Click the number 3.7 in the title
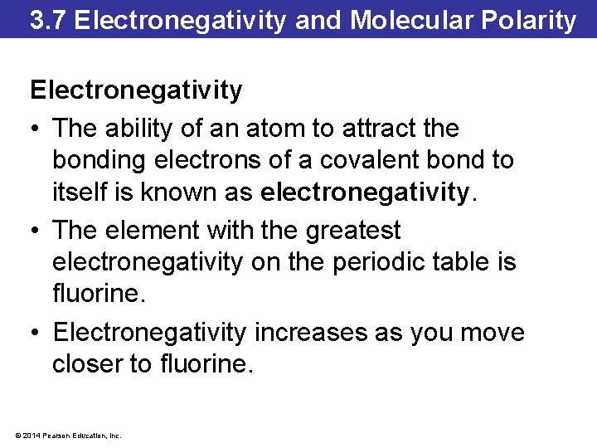pyautogui.click(x=47, y=20)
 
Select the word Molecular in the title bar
pyautogui.click(x=402, y=20)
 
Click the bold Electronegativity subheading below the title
pyautogui.click(x=136, y=90)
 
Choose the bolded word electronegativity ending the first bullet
pyautogui.click(x=365, y=193)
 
